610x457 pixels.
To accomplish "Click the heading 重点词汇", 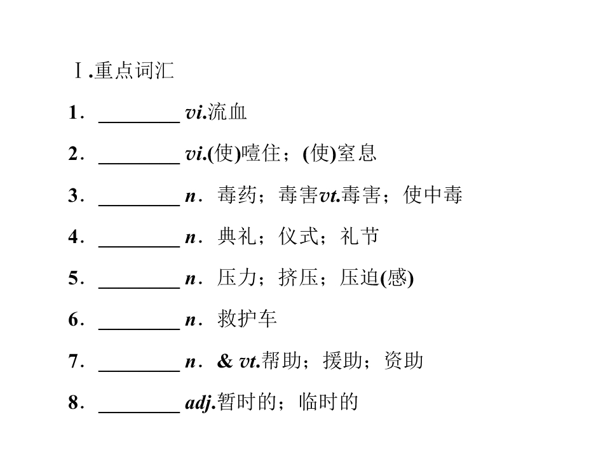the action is pos(134,70).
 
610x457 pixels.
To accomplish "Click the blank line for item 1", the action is pos(139,122).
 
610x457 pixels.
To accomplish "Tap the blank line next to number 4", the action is pos(139,246).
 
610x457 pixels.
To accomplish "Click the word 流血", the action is pos(227,112).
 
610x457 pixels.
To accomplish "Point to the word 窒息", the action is pos(356,153).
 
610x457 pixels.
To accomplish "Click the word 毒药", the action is pos(237,195).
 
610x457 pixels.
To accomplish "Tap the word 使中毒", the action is pos(433,195).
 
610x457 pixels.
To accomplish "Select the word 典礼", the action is pos(237,236).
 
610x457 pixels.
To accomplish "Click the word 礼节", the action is pos(360,236).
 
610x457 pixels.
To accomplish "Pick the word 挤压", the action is pos(298,278).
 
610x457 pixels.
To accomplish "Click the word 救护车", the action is pos(247,319).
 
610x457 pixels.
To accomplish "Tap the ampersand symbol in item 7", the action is pos(225,361).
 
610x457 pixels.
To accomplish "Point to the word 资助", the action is pos(403,361).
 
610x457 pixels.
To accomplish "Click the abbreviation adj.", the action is pos(200,402).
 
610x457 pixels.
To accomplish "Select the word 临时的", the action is pos(329,402).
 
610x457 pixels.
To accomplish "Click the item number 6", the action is pos(74,320).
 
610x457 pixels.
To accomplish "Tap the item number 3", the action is pos(74,195).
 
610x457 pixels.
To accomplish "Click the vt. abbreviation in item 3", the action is pos(330,195).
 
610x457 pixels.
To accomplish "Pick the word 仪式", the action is pos(298,236).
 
